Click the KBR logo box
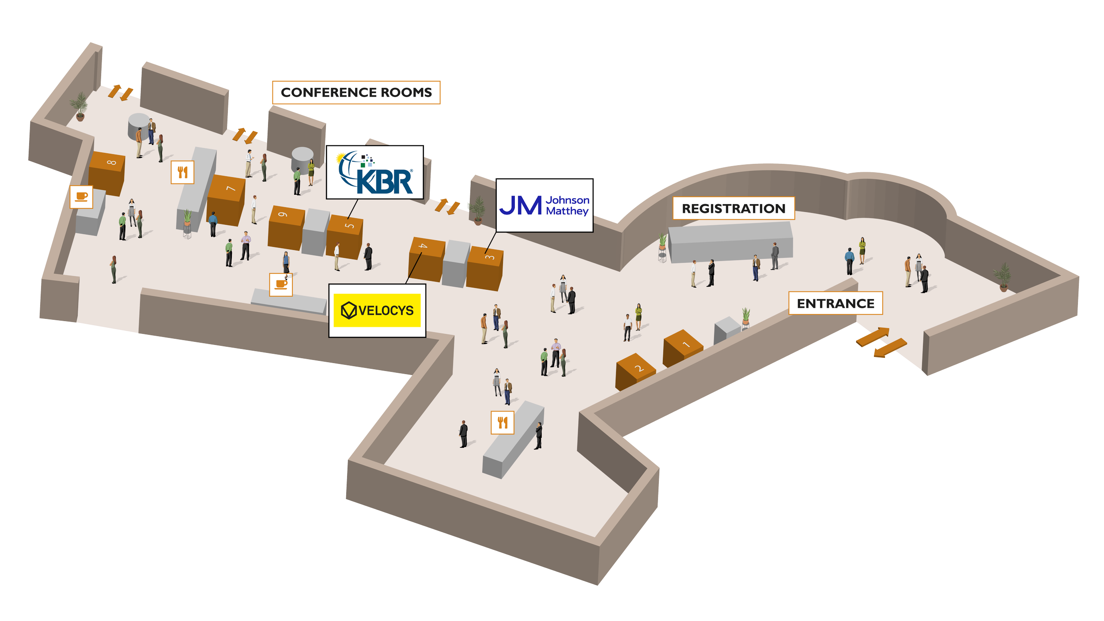pyautogui.click(x=374, y=172)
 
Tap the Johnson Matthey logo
pyautogui.click(x=544, y=205)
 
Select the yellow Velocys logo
pyautogui.click(x=377, y=310)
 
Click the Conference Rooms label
pyautogui.click(x=356, y=92)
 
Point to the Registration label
pyautogui.click(x=733, y=208)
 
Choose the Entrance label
pyautogui.click(x=835, y=303)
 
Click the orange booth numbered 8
pyautogui.click(x=107, y=173)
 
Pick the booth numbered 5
pyautogui.click(x=345, y=236)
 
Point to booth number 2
pyautogui.click(x=634, y=372)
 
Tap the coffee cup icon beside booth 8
pyautogui.click(x=82, y=197)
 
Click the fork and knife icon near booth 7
pyautogui.click(x=182, y=172)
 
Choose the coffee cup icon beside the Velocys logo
pyautogui.click(x=281, y=284)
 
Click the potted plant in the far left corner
pyautogui.click(x=80, y=106)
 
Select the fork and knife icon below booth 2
pyautogui.click(x=503, y=423)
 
